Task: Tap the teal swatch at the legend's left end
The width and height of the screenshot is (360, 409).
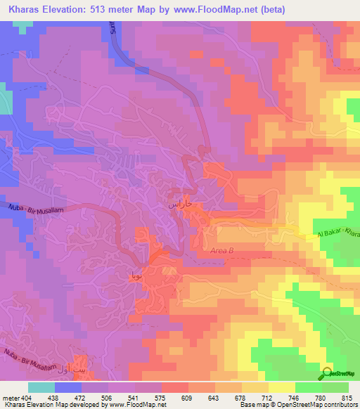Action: (x=41, y=387)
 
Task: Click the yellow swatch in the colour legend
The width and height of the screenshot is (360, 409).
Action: (x=282, y=387)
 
